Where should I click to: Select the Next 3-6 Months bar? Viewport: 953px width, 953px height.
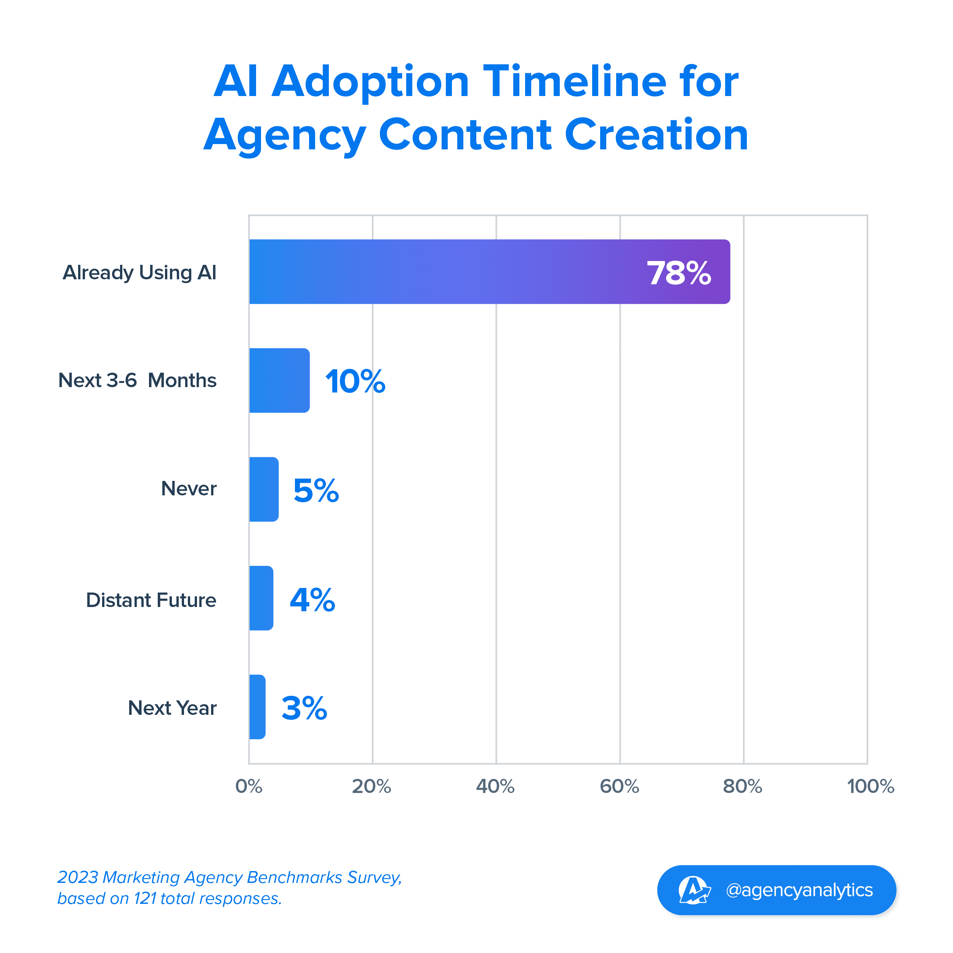(279, 380)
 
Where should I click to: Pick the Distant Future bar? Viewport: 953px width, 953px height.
(261, 598)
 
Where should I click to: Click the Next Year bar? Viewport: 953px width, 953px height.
(257, 707)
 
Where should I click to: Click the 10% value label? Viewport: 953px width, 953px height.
(355, 382)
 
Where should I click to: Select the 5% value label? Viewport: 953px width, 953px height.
(316, 491)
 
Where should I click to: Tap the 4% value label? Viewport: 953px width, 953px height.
(312, 600)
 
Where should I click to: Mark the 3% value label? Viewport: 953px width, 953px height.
(304, 708)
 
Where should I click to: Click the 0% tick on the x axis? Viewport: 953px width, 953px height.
(248, 786)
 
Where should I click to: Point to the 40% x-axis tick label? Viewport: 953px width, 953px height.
(495, 786)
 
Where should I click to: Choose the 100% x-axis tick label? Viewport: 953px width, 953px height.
(870, 786)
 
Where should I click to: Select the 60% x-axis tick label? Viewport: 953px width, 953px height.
(619, 786)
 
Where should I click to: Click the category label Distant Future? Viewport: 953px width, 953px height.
(151, 600)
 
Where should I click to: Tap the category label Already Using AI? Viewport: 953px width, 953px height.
(139, 273)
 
